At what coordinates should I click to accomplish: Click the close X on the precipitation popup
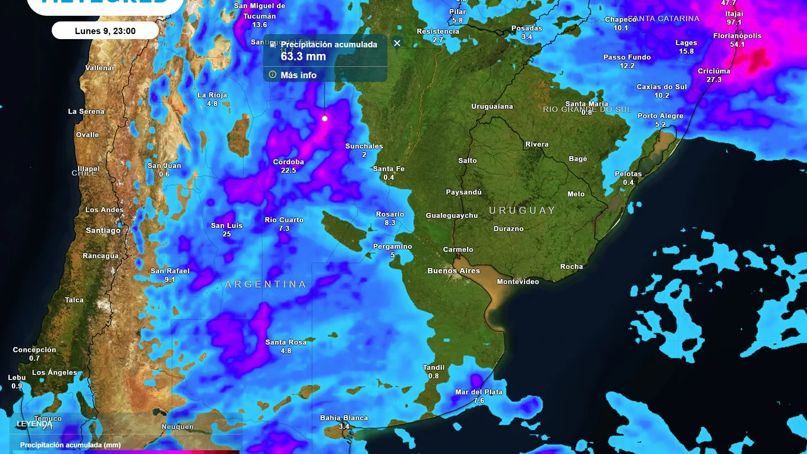[397, 44]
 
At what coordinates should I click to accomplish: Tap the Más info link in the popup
[298, 75]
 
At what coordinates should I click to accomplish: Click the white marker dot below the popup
[325, 119]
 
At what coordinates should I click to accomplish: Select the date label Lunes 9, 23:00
[105, 31]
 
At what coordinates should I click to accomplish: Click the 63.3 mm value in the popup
[303, 57]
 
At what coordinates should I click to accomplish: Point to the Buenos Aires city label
[453, 271]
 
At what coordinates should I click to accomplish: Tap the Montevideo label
[518, 282]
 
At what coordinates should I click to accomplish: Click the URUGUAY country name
[522, 211]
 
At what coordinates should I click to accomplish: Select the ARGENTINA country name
[265, 284]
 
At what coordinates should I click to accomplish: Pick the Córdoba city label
[288, 162]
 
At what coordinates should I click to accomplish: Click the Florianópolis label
[737, 36]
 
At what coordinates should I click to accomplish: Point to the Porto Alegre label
[660, 116]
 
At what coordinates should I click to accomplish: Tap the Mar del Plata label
[479, 392]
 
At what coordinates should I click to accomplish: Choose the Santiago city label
[103, 231]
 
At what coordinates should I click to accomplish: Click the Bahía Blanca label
[344, 418]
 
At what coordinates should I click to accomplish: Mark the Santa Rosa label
[286, 342]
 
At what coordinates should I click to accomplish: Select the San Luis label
[226, 226]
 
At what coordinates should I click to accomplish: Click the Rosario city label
[390, 214]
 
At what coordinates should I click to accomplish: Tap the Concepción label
[34, 350]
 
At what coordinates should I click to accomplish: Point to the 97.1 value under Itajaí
[734, 22]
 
